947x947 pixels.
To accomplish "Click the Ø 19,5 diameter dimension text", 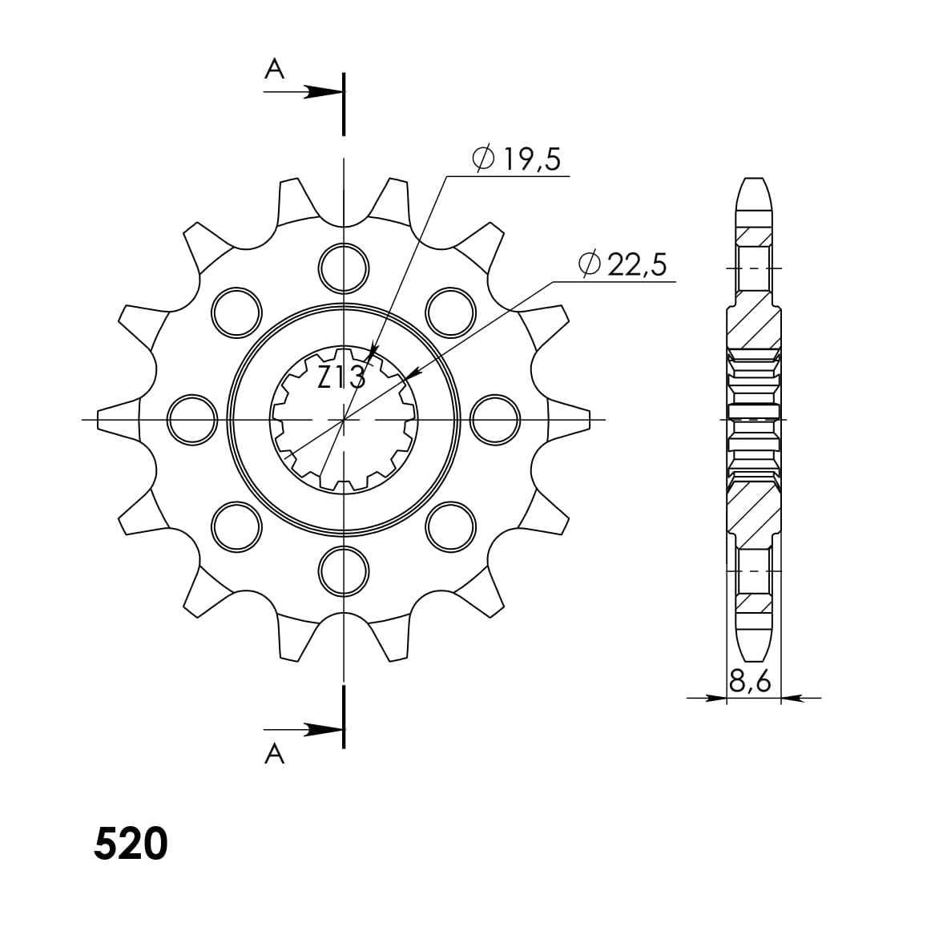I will [x=518, y=159].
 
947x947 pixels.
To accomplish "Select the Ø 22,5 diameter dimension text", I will [x=623, y=265].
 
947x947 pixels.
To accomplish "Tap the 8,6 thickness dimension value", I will [x=750, y=682].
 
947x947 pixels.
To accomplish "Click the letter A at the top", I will [x=275, y=71].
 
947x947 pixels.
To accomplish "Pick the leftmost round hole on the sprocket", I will [x=193, y=418].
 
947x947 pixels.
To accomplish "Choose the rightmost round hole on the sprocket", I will [x=494, y=418].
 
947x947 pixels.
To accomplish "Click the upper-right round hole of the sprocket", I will [x=449, y=311].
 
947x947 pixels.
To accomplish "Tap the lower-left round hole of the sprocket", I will [x=237, y=526].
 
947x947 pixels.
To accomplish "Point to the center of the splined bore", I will [x=344, y=418].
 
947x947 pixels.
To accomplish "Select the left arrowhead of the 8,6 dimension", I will [x=715, y=699].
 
